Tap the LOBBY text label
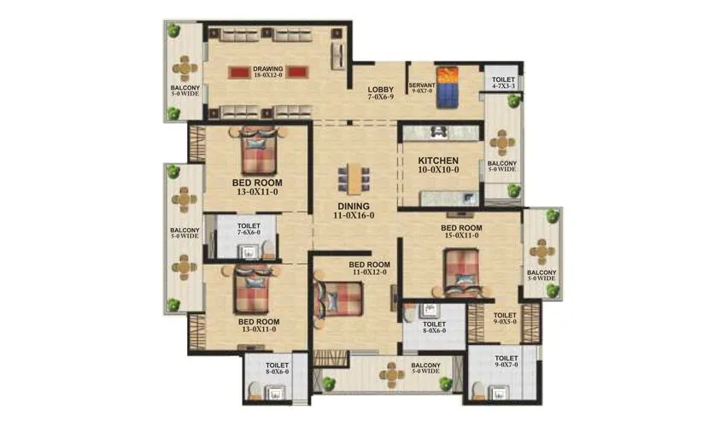click(x=380, y=89)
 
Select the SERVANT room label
click(x=422, y=85)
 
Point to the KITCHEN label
click(x=438, y=161)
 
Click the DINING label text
click(x=354, y=206)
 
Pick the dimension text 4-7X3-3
click(x=503, y=85)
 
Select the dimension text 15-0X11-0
click(x=461, y=237)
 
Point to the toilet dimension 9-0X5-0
click(x=506, y=323)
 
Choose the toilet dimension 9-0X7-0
click(x=506, y=366)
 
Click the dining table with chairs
click(x=354, y=178)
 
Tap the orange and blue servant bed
click(x=448, y=85)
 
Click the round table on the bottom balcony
click(x=392, y=372)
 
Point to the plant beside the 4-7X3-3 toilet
click(x=514, y=101)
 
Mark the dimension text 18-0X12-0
click(x=267, y=75)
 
